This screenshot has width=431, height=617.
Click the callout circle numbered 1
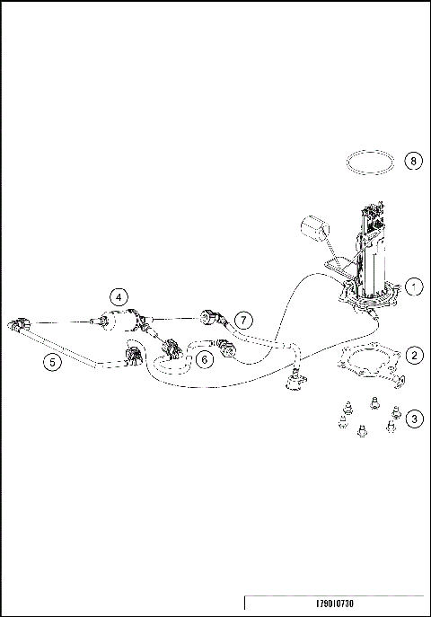414,286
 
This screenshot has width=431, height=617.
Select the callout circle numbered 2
414,355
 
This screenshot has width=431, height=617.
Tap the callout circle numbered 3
414,418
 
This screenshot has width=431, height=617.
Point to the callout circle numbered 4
119,296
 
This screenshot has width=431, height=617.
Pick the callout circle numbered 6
205,359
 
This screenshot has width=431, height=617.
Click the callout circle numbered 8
414,161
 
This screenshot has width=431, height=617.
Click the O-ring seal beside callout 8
371,163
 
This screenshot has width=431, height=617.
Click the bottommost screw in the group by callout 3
361,430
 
